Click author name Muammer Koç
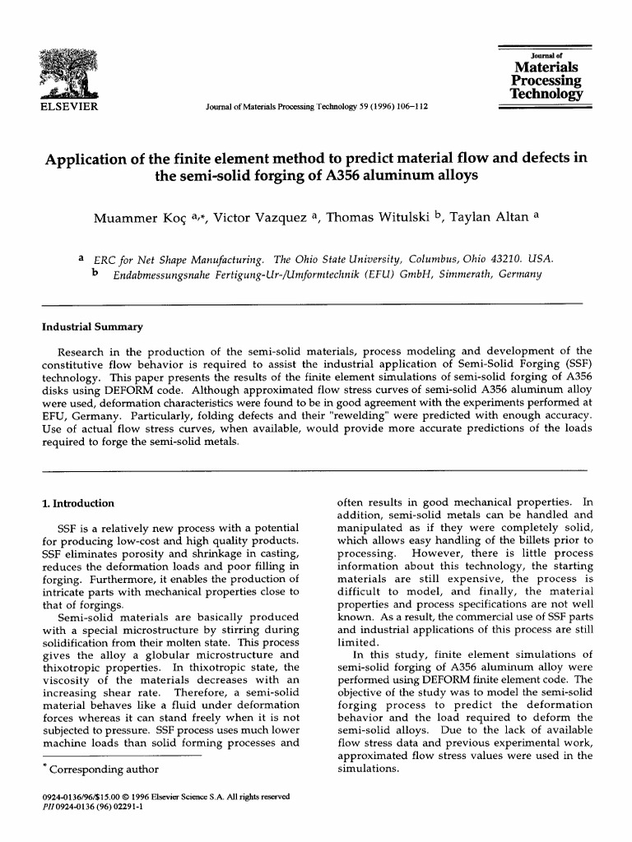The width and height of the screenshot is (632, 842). click(x=133, y=219)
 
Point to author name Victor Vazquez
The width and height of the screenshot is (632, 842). click(x=261, y=219)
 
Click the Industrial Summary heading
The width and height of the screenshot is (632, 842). click(x=92, y=326)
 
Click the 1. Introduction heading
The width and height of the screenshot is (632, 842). click(x=78, y=502)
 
